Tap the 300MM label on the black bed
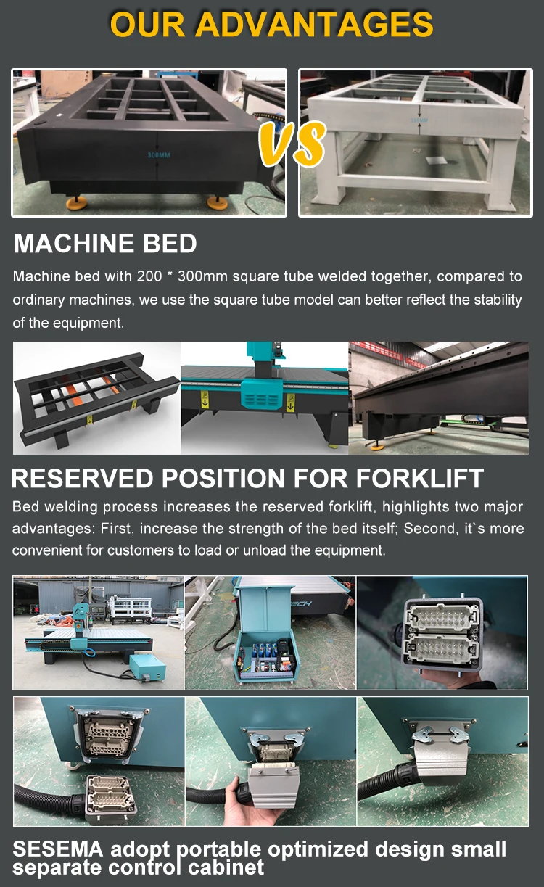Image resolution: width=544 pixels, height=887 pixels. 157,154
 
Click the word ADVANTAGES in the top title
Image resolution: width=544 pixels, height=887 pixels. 315,25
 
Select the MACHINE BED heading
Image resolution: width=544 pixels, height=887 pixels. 105,244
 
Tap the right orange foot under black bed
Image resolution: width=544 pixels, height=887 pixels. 215,202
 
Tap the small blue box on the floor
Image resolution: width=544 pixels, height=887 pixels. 148,665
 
